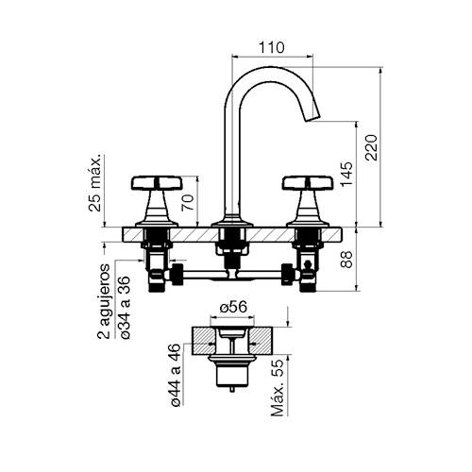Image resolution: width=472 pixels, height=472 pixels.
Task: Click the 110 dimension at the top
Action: [x=272, y=47]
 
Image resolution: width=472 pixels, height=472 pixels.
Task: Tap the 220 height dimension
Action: [x=371, y=147]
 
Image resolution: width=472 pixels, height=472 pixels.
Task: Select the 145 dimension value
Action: [x=346, y=174]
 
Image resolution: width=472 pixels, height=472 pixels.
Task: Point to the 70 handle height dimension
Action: [x=188, y=203]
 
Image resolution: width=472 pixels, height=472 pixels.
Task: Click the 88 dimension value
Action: [x=346, y=260]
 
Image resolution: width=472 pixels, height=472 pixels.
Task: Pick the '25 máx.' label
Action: [x=95, y=183]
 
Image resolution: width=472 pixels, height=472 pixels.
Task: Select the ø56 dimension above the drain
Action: [x=233, y=307]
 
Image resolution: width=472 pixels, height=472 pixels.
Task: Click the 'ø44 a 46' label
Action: [x=176, y=375]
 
